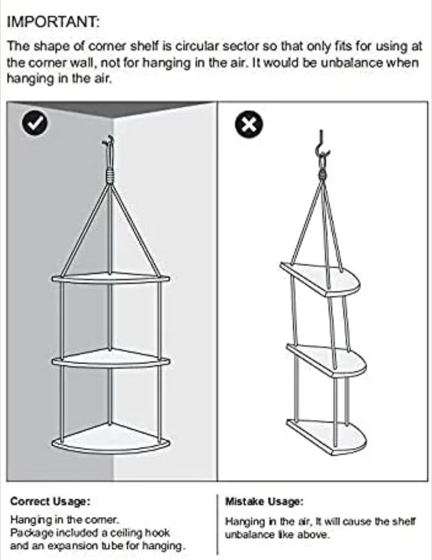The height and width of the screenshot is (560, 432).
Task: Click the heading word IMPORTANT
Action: coord(53,22)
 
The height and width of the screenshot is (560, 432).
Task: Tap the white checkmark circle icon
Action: coord(35,124)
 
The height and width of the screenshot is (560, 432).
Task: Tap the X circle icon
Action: coord(249,126)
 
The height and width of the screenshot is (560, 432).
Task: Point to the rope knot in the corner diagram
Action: coord(110,176)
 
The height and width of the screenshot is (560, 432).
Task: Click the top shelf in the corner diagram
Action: coord(110,278)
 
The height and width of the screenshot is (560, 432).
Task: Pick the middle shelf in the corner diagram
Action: coord(110,358)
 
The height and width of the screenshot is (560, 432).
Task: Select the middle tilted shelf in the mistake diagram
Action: coord(326,359)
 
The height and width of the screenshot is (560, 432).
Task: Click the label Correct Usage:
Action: coord(51,501)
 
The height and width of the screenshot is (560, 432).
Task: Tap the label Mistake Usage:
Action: coord(264,501)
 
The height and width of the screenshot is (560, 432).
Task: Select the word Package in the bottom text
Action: coord(29,532)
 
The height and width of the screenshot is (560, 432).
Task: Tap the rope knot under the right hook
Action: coord(323,175)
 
